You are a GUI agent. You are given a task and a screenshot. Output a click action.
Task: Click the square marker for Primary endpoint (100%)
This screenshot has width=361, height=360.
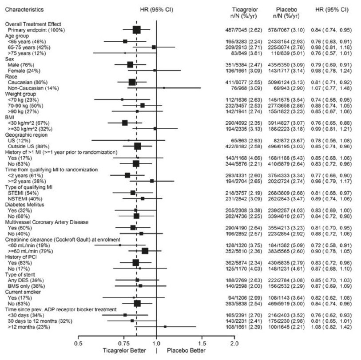(136, 30)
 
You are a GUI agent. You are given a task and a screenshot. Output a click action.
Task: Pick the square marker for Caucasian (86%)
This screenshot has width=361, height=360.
(132, 82)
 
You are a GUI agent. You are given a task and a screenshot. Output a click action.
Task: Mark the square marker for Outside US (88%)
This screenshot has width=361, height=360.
(137, 146)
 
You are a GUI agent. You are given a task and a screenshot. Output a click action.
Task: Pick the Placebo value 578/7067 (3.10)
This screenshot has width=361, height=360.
(286, 30)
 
